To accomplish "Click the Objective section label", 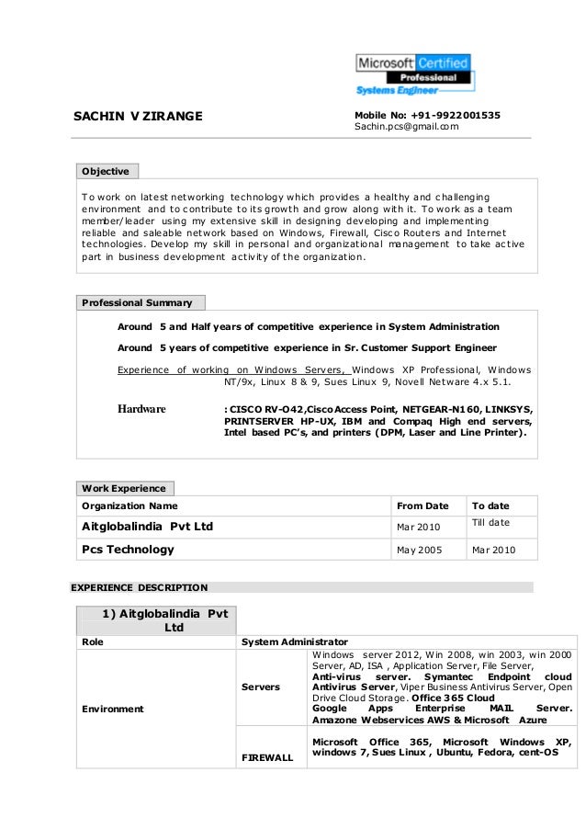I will click(x=106, y=171).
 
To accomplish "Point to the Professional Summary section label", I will click(x=138, y=302).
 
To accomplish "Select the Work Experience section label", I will click(x=124, y=488).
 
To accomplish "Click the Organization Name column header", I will click(x=130, y=506).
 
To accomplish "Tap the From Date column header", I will click(x=422, y=506).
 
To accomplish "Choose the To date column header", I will click(x=490, y=506).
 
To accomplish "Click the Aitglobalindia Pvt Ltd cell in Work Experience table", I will click(x=148, y=527).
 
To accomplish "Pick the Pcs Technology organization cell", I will click(x=128, y=551).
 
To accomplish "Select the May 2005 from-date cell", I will click(x=417, y=551).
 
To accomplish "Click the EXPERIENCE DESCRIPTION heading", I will click(x=139, y=587).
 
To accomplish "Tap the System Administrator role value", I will click(x=293, y=642).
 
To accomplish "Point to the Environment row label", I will click(x=113, y=710).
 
